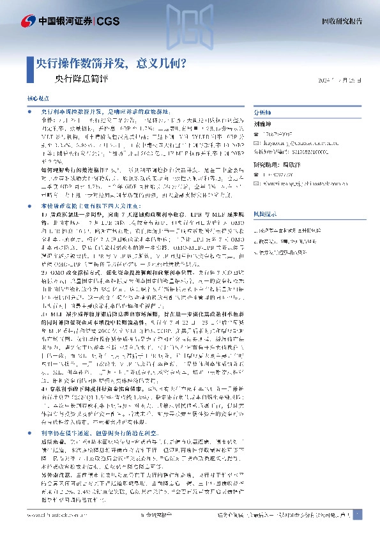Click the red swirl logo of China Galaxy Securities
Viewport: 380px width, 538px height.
(27, 22)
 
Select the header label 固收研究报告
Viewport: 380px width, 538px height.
(341, 22)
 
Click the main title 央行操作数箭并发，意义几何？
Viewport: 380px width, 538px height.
(110, 64)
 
